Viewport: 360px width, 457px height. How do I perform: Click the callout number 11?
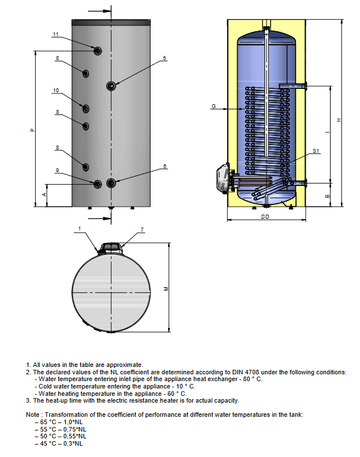(55, 35)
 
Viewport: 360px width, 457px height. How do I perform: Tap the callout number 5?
(165, 58)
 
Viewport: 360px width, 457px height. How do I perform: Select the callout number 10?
(55, 91)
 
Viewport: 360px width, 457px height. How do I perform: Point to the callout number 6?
(165, 166)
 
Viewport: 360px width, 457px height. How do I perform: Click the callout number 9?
(57, 170)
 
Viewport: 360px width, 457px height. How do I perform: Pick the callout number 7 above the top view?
(142, 229)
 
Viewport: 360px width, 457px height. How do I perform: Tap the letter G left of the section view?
(213, 106)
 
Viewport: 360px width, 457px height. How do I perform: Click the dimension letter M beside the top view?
(166, 288)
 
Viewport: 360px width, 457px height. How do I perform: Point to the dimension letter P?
(32, 130)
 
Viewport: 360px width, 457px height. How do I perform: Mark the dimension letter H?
(339, 119)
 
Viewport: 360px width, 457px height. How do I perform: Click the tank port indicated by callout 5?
(111, 86)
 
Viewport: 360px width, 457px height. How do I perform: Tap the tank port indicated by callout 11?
(98, 51)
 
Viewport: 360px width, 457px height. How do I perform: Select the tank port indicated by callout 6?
(111, 183)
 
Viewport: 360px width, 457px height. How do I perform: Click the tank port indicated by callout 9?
(98, 183)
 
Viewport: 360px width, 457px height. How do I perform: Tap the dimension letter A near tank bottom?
(45, 194)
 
